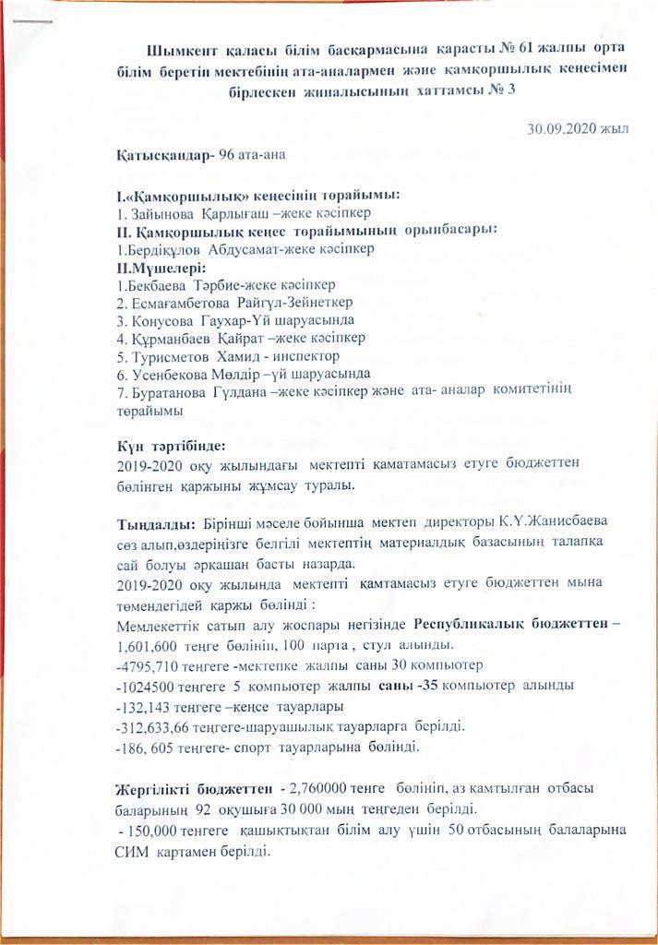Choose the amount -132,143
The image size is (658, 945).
pyautogui.click(x=145, y=707)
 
